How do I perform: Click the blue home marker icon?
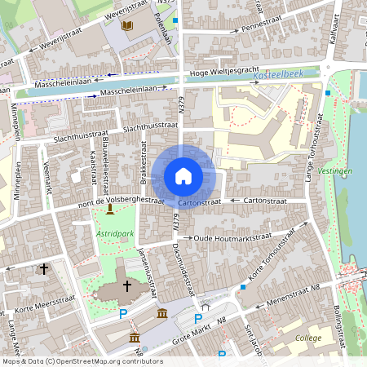(x=183, y=176)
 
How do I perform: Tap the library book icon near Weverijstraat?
(x=126, y=26)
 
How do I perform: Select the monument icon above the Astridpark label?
(x=110, y=211)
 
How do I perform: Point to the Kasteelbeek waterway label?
(x=277, y=74)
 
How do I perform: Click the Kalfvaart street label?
(x=333, y=29)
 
